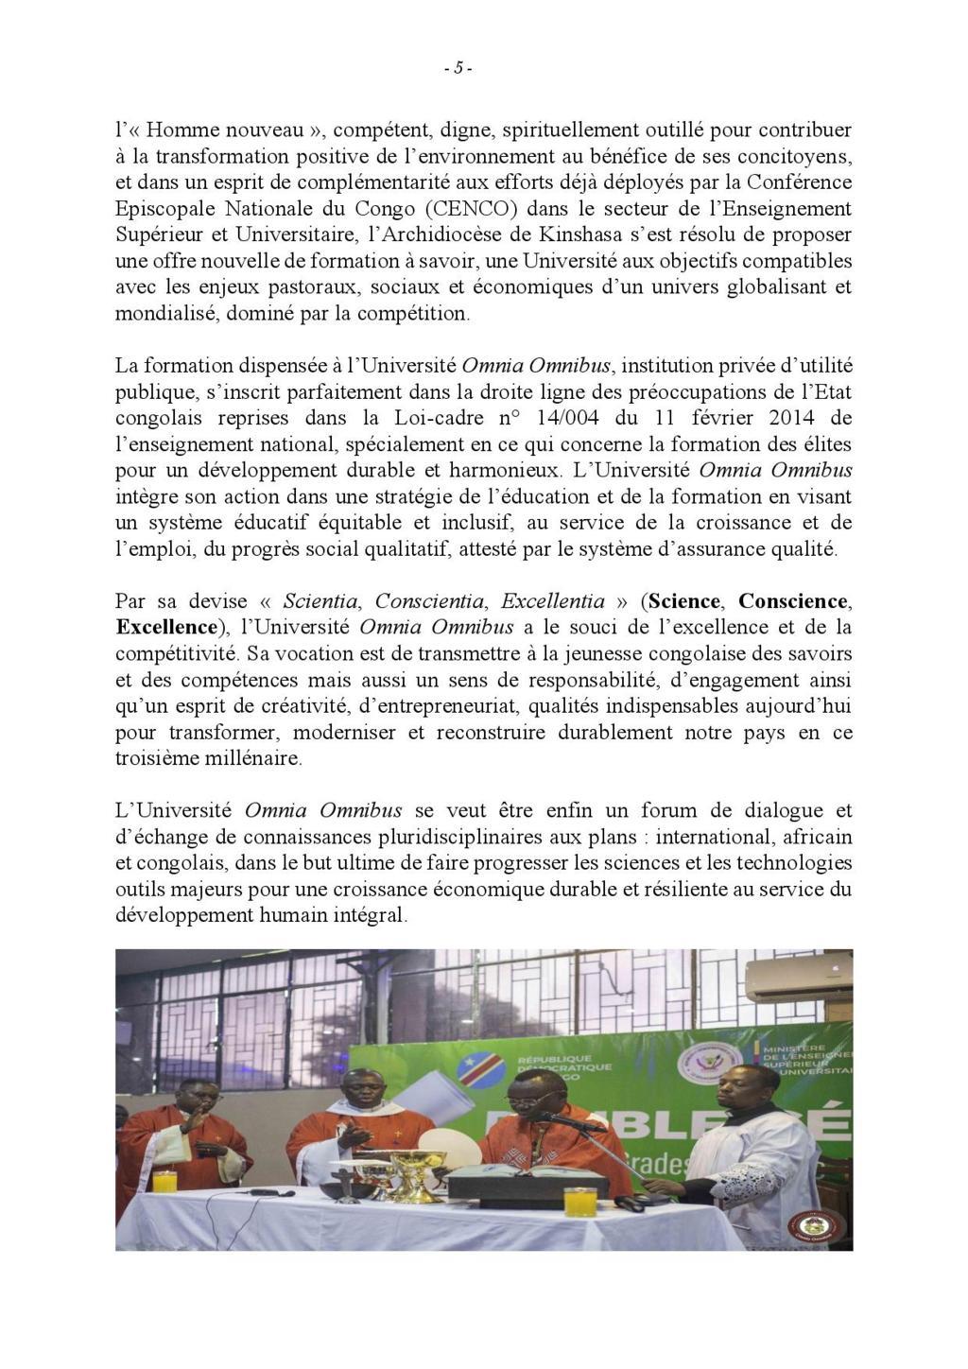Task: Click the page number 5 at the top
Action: coord(458,68)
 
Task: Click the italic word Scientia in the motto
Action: coord(320,601)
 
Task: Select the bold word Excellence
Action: coord(166,627)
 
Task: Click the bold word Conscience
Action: coord(792,601)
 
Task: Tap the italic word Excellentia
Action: coord(553,601)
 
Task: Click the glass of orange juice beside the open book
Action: coord(579,1201)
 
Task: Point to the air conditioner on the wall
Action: coord(798,976)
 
